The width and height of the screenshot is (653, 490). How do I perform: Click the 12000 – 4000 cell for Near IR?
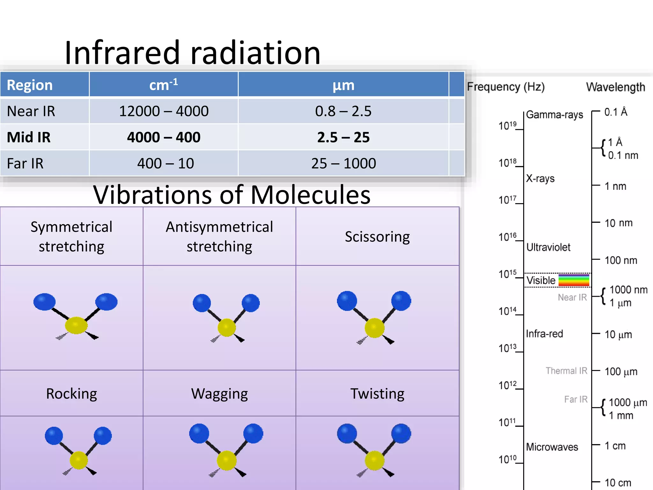point(164,111)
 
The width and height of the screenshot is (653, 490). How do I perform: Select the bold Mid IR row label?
point(29,137)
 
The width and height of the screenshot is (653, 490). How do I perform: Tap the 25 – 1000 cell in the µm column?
point(343,164)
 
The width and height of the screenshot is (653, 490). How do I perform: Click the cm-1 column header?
point(164,85)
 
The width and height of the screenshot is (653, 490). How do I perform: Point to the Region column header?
point(30,85)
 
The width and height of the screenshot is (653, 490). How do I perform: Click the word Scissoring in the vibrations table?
point(377,237)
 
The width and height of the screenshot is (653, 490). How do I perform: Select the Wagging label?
point(219,394)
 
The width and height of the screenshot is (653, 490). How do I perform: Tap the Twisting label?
point(377,394)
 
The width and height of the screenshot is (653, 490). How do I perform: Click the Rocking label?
point(71,394)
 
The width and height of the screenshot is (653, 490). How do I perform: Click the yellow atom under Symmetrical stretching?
point(76,325)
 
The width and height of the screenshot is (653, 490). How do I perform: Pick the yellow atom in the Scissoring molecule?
point(375,328)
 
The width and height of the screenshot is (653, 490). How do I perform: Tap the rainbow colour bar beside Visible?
point(574,280)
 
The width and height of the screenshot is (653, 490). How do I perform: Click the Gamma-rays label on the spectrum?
point(554,115)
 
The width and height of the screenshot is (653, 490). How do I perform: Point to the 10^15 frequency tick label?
point(507,274)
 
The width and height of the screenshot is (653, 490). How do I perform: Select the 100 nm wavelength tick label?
point(621,260)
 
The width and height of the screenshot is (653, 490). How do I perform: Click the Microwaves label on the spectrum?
point(552,447)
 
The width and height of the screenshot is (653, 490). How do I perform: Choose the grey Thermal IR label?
point(566,371)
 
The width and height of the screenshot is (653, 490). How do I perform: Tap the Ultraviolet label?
point(548,247)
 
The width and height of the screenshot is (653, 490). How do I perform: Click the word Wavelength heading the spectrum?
point(615,87)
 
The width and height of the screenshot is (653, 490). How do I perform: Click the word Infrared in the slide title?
point(122,53)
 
